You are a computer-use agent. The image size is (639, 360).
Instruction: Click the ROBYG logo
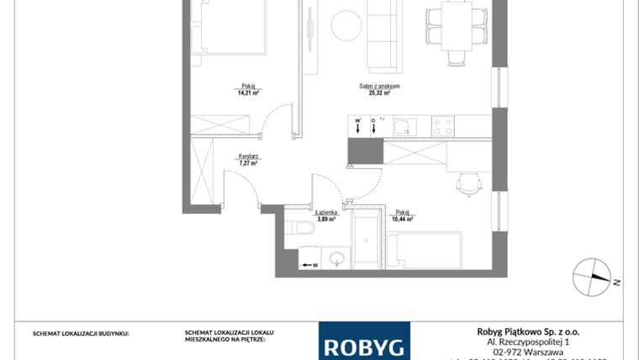[x=364, y=344]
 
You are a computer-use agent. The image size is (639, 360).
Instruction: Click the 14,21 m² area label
[x=247, y=93]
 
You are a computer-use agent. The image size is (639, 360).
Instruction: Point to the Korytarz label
[x=247, y=156]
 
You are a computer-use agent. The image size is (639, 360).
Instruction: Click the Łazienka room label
[x=326, y=213]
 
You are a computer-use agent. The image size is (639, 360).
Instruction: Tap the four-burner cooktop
[x=442, y=127]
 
